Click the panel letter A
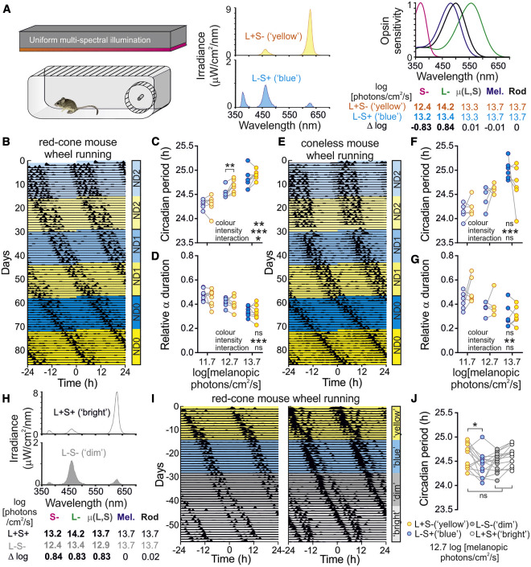point(6,6)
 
